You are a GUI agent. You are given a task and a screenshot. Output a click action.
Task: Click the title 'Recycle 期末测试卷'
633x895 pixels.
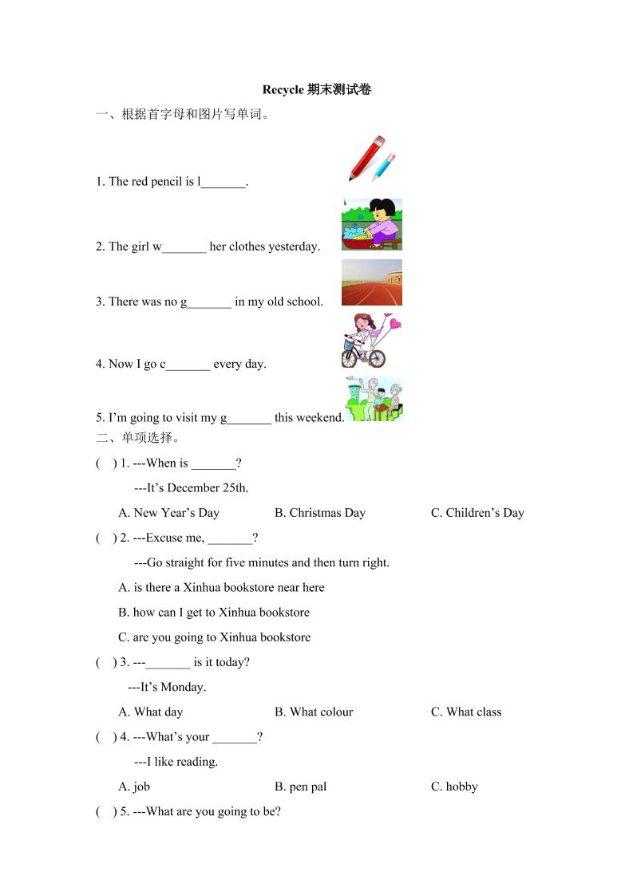[x=316, y=89]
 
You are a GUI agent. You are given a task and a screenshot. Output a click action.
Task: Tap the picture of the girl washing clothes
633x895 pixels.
[x=371, y=224]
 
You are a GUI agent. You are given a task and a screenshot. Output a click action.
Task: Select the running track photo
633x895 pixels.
[x=371, y=282]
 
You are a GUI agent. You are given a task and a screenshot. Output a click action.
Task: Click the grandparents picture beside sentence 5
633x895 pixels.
[x=374, y=399]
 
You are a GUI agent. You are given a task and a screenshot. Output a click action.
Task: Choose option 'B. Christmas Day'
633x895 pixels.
[x=319, y=513]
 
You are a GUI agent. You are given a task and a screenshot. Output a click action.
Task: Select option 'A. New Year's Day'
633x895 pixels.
[x=168, y=513]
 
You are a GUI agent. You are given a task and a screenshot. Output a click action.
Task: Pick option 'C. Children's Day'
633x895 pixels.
[x=477, y=513]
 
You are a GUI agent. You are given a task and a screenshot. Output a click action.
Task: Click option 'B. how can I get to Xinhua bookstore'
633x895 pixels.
[x=214, y=613]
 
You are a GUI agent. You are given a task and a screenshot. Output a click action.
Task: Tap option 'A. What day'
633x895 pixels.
[x=151, y=712]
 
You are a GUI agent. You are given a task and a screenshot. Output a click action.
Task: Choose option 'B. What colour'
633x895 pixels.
[x=313, y=712]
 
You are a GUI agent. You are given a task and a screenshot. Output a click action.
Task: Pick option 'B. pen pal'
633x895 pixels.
[x=300, y=787]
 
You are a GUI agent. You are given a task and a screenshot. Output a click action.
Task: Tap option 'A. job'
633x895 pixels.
[x=134, y=787]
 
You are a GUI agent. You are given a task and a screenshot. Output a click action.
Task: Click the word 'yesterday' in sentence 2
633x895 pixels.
[x=294, y=246]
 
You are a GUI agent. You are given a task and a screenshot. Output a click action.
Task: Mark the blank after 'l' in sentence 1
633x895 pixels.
[x=224, y=183]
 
